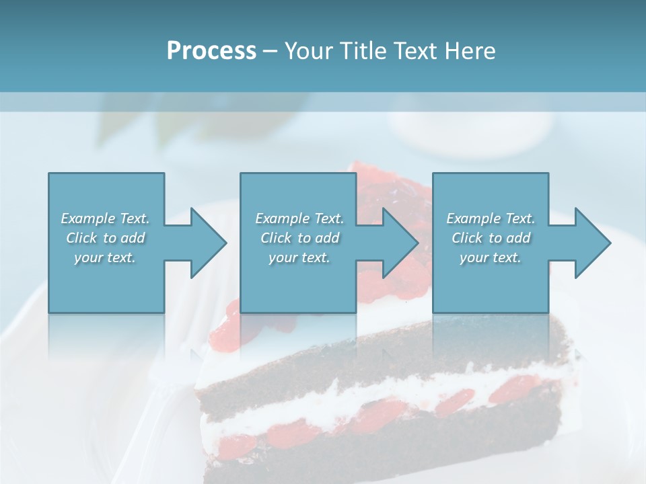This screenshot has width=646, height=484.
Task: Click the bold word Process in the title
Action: coord(211,51)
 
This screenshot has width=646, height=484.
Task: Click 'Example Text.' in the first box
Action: coord(105,218)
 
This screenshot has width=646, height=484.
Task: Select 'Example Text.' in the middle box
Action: coord(299,218)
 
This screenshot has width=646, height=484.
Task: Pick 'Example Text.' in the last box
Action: coord(491,218)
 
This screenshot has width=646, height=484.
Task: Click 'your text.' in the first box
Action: coord(105,257)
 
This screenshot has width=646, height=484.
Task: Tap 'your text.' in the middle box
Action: coord(299,257)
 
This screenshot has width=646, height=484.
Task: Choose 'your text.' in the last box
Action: coord(491,257)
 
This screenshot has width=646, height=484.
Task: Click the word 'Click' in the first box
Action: coord(81,238)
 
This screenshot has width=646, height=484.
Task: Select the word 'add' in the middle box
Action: coord(327,238)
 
